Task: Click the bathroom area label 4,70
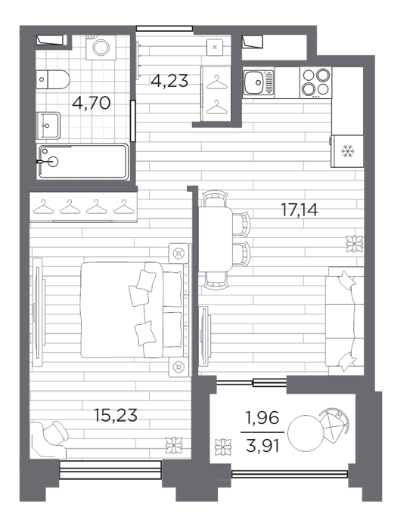point(92,103)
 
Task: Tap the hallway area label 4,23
point(169,81)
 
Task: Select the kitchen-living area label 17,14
point(300,210)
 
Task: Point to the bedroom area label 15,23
point(116,416)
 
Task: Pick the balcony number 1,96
point(262,418)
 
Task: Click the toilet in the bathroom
point(53,79)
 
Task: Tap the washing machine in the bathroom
point(101,47)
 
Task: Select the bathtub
point(82,162)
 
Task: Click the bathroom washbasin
point(48,125)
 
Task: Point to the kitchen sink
point(259,82)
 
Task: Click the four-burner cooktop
point(315,82)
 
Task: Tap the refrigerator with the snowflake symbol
point(347,151)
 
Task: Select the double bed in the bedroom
point(132,310)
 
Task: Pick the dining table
point(216,240)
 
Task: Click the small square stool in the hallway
point(215,47)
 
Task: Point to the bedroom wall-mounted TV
point(38,312)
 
